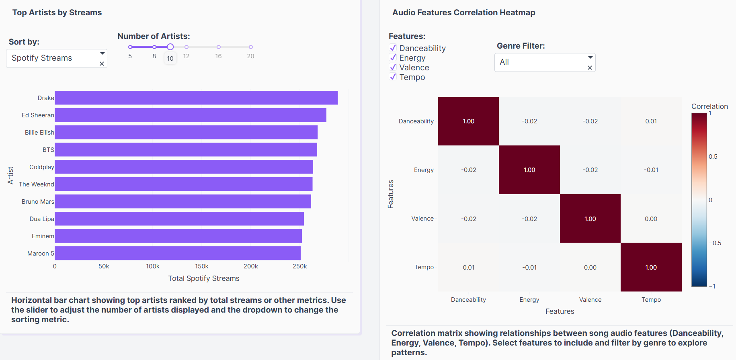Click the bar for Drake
tap(196, 98)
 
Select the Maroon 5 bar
tap(178, 253)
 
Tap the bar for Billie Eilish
tap(186, 132)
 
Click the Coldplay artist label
tap(41, 167)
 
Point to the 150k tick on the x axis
tap(201, 266)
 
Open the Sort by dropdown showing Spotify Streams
tap(56, 58)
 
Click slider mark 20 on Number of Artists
tap(250, 47)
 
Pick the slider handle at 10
tap(170, 47)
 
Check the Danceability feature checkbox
tap(393, 48)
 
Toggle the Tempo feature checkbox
tap(393, 77)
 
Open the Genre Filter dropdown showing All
tap(544, 62)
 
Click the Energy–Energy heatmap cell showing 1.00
tap(529, 170)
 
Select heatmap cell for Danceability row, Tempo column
tap(651, 121)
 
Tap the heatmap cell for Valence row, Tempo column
tap(651, 219)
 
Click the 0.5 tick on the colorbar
tap(713, 157)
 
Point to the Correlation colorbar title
tap(709, 106)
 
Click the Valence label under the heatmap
tap(590, 300)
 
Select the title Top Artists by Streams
tap(57, 12)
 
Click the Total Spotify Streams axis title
tap(204, 278)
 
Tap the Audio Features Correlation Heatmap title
tap(463, 12)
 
